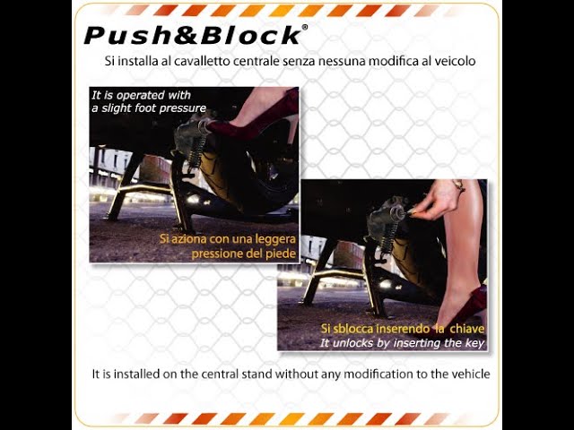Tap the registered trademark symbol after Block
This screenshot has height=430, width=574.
[x=305, y=27]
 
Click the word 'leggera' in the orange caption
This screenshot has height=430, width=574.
[x=274, y=239]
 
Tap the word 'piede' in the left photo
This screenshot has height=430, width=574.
[x=283, y=254]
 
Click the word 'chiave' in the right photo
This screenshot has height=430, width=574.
[x=467, y=329]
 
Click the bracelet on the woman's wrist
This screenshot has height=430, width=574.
[x=459, y=185]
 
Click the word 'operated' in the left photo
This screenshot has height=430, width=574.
[x=141, y=96]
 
